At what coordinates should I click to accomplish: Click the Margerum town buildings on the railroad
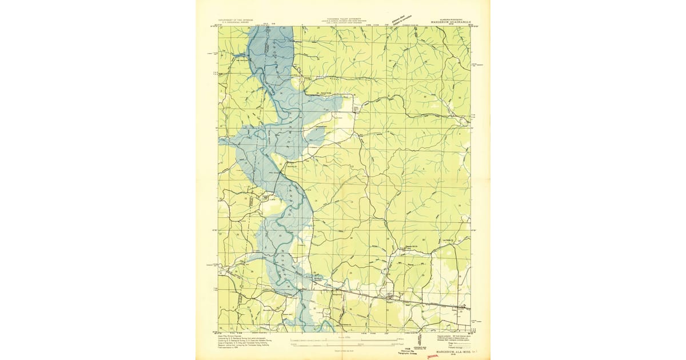click(x=390, y=297)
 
